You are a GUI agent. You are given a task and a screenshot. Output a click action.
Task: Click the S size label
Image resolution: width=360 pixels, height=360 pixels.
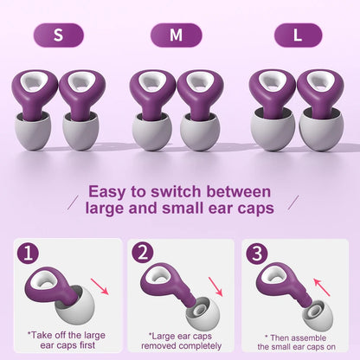point(58,35)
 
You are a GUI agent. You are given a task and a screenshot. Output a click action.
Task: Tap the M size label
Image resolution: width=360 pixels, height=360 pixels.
point(176,35)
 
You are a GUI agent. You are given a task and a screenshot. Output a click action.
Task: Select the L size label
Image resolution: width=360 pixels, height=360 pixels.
point(299,35)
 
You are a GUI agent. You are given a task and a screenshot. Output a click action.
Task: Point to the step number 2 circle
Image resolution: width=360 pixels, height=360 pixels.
point(144,254)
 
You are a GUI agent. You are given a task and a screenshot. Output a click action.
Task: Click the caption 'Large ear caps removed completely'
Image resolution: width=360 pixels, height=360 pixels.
point(180,339)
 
